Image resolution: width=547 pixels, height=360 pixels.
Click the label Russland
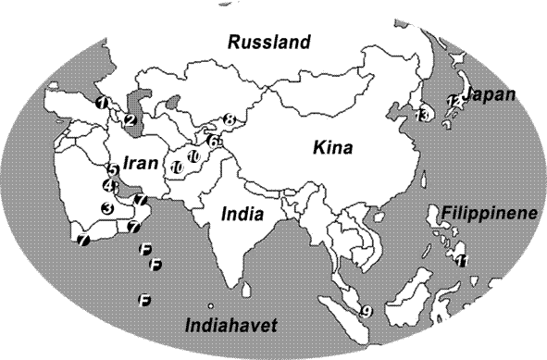270,43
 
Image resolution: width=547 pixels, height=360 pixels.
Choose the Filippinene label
489,213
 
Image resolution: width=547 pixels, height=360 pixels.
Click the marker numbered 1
102,102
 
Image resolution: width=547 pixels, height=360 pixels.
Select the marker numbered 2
130,119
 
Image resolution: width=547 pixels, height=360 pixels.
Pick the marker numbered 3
108,208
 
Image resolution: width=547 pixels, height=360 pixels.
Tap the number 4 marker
109,185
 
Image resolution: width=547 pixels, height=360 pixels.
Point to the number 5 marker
112,170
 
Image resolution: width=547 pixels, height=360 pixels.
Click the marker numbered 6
212,142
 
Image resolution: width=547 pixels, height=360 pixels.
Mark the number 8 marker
230,119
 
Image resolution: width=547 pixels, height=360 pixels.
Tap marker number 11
462,260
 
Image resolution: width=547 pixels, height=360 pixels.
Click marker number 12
452,101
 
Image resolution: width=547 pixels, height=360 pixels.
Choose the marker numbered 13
423,115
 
